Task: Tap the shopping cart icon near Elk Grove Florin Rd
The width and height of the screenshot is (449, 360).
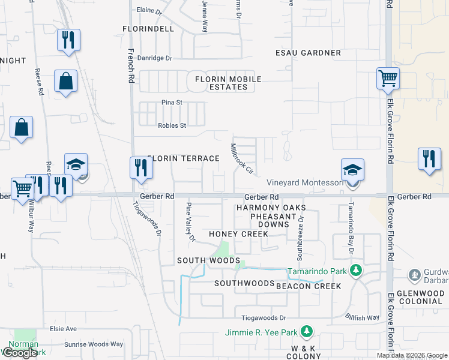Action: tap(388, 78)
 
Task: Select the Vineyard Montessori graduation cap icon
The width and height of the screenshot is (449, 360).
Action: tap(353, 169)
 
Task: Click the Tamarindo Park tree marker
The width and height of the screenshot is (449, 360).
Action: tap(356, 270)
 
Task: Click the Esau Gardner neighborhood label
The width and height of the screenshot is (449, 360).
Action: tap(308, 53)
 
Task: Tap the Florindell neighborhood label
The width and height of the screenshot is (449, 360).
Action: tap(148, 28)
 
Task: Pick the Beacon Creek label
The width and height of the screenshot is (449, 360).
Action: tap(309, 286)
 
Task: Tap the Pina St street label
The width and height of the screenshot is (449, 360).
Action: tap(172, 103)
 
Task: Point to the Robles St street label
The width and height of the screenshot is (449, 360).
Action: tap(172, 125)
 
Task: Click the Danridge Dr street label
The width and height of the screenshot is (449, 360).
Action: tap(155, 58)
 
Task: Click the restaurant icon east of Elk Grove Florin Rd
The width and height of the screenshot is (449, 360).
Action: tap(429, 160)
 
